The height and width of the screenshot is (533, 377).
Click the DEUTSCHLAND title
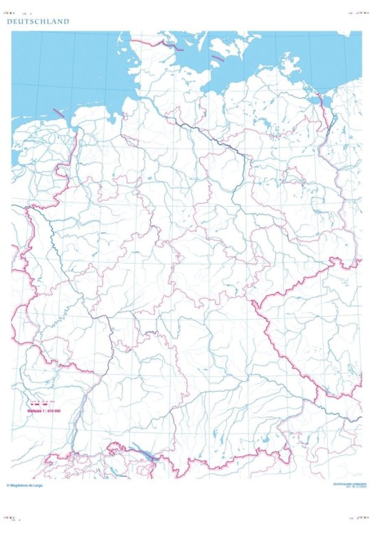(x=38, y=22)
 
